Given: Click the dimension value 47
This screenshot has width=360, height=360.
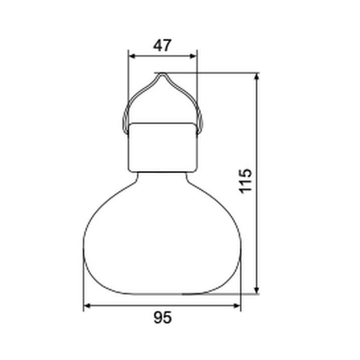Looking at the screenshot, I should tap(162, 45).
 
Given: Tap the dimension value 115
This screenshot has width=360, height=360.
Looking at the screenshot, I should tap(244, 181).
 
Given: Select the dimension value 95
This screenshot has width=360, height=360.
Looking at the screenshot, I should tap(162, 317).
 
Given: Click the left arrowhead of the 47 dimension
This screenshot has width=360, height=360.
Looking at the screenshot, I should tap(131, 56).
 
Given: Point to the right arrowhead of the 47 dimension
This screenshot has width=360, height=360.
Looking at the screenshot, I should tap(194, 56).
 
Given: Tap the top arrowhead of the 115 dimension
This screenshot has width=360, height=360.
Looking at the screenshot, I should tap(257, 76).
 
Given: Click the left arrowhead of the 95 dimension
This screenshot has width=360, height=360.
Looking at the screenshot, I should tap(86, 305).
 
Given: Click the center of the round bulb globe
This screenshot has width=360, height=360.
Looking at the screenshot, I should tap(162, 235).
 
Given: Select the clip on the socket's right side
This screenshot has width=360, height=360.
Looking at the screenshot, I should tap(199, 122).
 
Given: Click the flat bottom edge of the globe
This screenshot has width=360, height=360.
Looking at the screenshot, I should tap(162, 294).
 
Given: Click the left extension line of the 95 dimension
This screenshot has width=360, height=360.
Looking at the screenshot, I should tap(83, 280).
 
